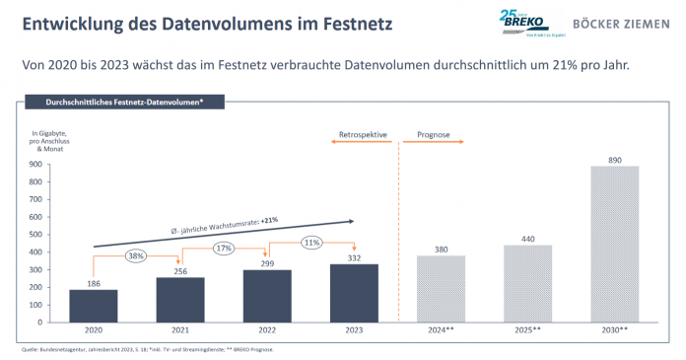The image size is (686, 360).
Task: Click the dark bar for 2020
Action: pos(95,306)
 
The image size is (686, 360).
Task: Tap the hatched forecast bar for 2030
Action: pos(614,244)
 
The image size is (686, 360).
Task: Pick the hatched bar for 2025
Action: pos(527,283)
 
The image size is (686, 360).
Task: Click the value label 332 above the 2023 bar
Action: pos(355,257)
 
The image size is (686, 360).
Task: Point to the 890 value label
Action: pos(614,159)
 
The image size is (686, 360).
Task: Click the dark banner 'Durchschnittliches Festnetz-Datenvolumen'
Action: pos(124,102)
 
